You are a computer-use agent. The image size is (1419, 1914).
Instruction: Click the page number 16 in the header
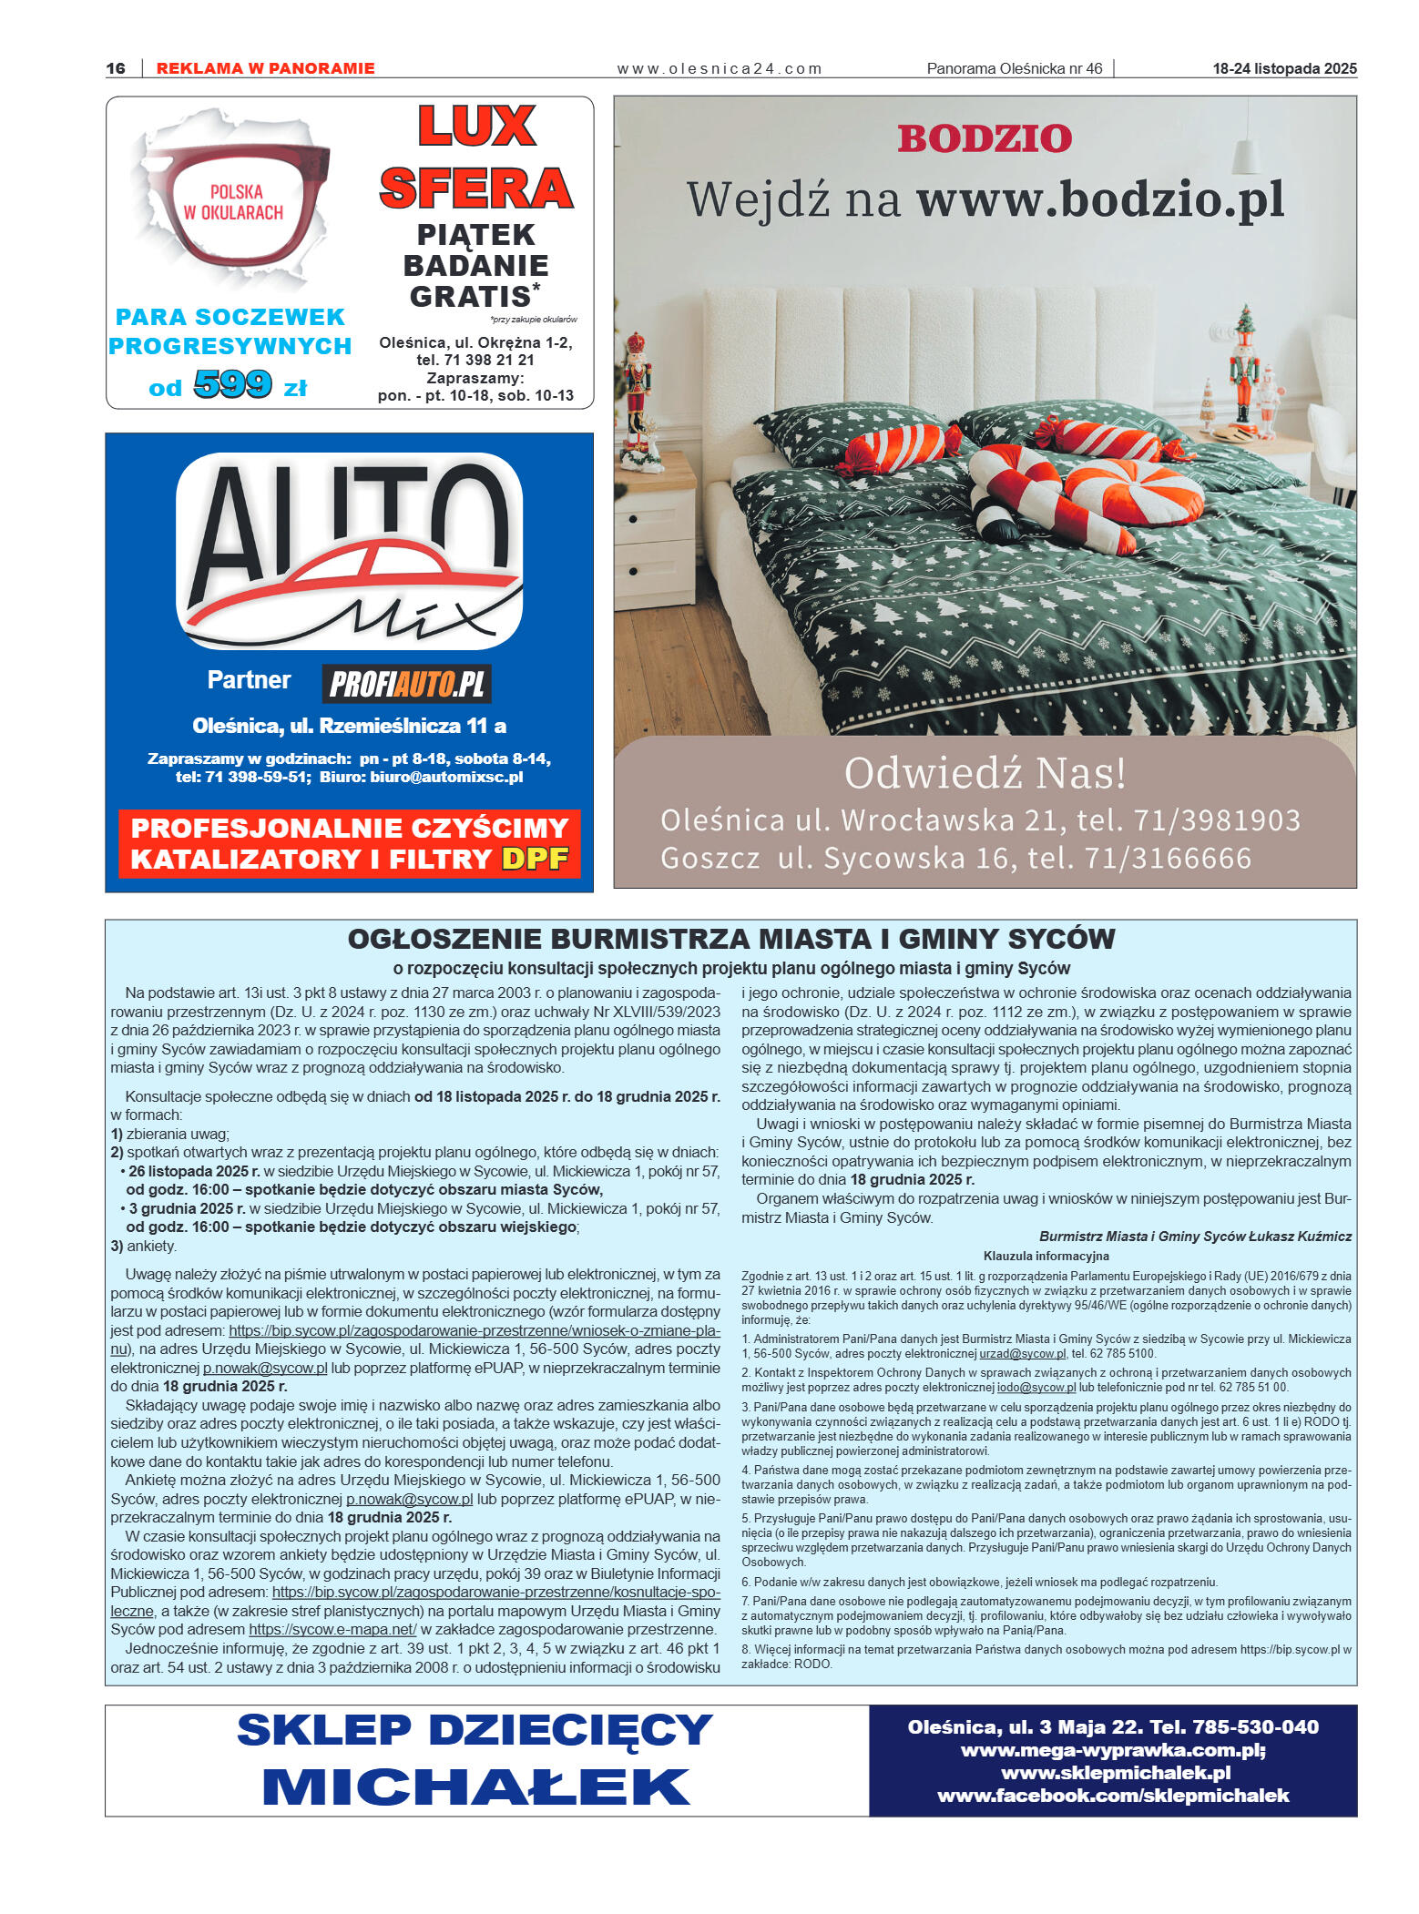[x=116, y=68]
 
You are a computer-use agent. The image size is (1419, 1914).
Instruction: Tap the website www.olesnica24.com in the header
[x=719, y=68]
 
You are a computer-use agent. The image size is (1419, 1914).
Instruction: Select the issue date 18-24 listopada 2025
[x=1284, y=68]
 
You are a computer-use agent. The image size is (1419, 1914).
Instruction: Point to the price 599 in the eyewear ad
[x=232, y=384]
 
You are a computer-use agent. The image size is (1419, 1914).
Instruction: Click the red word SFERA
[x=475, y=188]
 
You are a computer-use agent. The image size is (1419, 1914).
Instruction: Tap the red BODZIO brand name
[x=985, y=139]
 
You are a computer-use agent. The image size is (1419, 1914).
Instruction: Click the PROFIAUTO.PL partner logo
[x=406, y=684]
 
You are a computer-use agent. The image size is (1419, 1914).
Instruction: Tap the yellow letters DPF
[x=535, y=859]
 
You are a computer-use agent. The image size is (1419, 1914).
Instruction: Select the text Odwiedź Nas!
[x=985, y=773]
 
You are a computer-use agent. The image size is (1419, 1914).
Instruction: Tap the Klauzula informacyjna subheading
[x=1046, y=1256]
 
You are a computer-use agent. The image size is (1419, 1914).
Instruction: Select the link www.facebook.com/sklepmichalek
[x=1113, y=1795]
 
